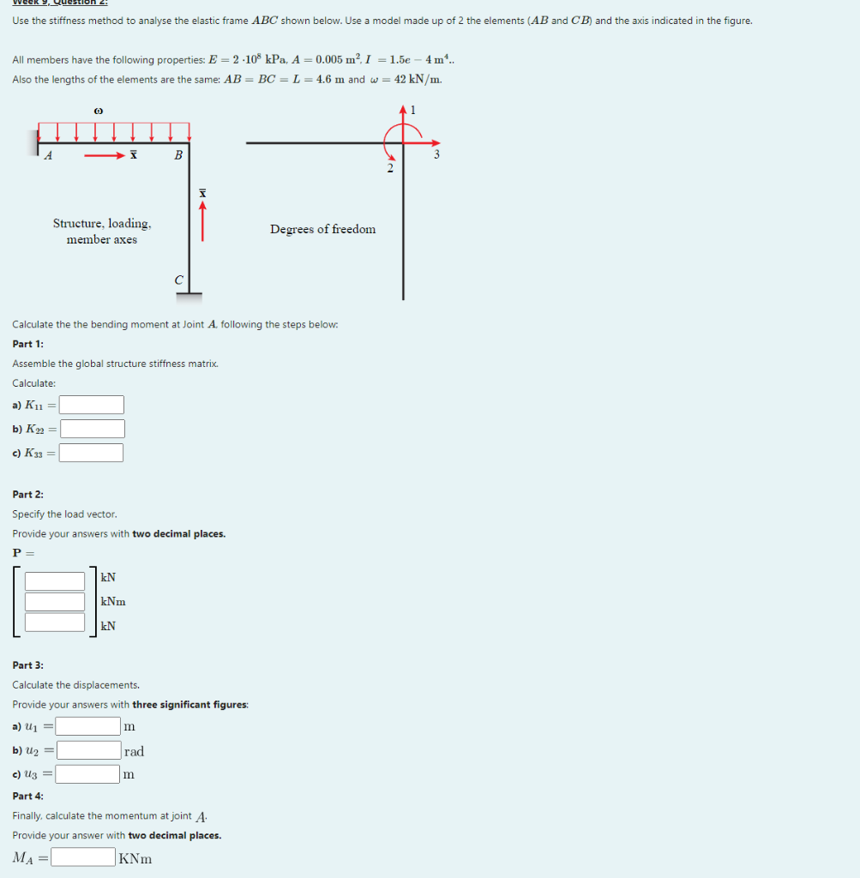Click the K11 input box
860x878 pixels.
tap(92, 405)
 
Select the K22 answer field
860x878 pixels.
tap(92, 429)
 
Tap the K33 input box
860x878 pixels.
tap(92, 453)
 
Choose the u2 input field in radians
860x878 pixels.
tap(89, 751)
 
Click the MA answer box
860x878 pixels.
tap(83, 857)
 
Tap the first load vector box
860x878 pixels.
tap(55, 580)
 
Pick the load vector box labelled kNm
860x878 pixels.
tap(55, 602)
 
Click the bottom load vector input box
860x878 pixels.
tap(55, 622)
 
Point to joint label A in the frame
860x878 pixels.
tap(48, 155)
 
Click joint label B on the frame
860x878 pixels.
tap(177, 155)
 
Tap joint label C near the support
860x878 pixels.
tap(178, 280)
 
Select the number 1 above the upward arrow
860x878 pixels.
tap(412, 111)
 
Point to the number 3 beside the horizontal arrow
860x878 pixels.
tap(436, 155)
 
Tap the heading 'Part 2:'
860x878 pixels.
tap(28, 495)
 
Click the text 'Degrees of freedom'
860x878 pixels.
tap(322, 229)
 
